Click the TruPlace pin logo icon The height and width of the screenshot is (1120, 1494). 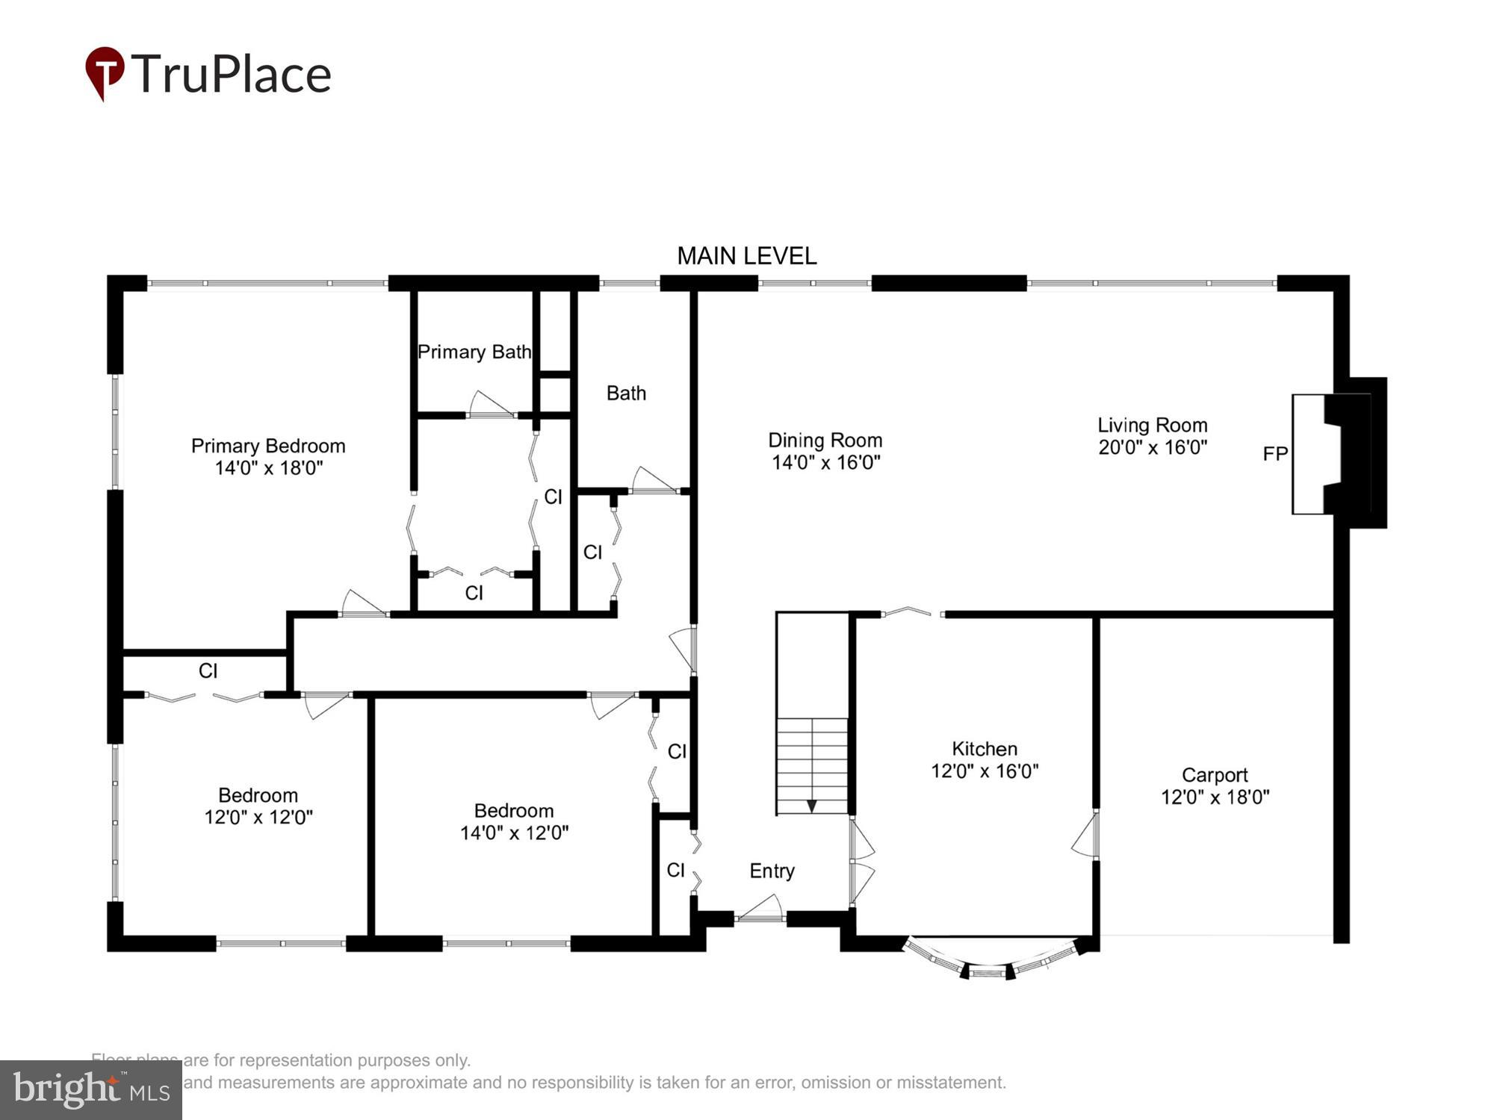[x=105, y=72]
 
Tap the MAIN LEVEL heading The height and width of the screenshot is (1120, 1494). [x=746, y=256]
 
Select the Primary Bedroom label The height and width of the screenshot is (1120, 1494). [x=268, y=446]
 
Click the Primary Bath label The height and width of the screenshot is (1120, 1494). [x=474, y=352]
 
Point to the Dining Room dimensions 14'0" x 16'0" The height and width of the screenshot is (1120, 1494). [x=825, y=462]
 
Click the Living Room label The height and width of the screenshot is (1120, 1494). [x=1152, y=425]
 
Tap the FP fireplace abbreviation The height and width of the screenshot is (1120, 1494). [x=1274, y=453]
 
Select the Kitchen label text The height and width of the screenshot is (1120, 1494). [x=984, y=748]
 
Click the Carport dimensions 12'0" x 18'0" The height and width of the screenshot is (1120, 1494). [x=1215, y=797]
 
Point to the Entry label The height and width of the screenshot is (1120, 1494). [x=772, y=871]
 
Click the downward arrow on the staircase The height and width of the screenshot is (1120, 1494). [x=811, y=806]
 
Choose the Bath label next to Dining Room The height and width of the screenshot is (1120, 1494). [x=626, y=393]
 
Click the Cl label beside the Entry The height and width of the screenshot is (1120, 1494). [x=675, y=869]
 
